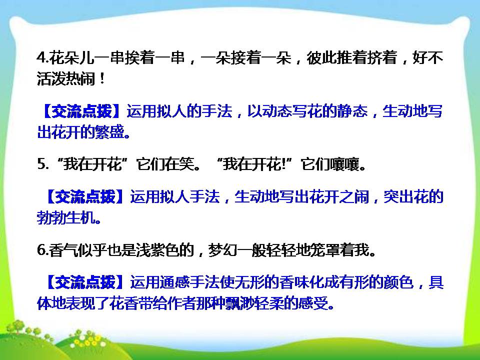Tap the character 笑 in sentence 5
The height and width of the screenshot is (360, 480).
pos(189,165)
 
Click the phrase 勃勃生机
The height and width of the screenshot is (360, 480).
pos(62,218)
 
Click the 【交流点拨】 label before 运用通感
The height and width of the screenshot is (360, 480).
pos(84,282)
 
